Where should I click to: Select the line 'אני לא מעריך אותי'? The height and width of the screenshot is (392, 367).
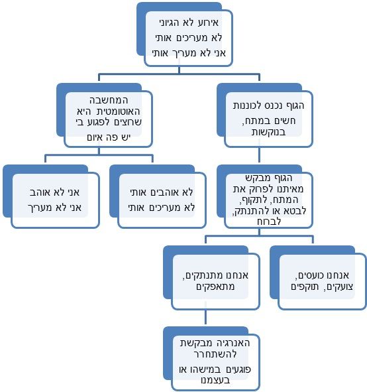tap(188, 52)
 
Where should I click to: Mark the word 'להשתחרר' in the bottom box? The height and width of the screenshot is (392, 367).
tap(215, 354)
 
